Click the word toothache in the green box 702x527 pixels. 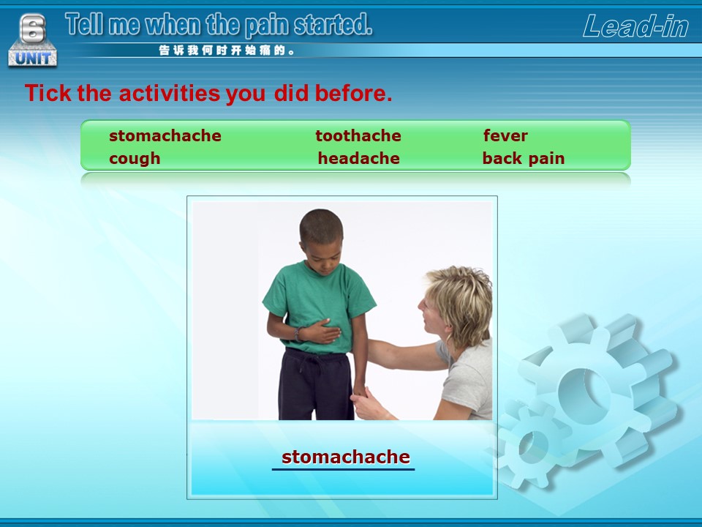click(358, 135)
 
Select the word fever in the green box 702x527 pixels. click(505, 135)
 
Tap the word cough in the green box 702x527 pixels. click(135, 159)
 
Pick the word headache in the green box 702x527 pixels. click(358, 158)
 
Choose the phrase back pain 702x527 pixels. click(524, 158)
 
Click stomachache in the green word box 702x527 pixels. click(165, 135)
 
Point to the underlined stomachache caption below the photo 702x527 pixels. click(346, 457)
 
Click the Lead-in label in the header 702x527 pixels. click(635, 26)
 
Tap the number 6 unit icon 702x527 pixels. click(33, 40)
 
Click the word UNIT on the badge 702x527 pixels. click(33, 59)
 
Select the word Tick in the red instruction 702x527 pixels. click(48, 93)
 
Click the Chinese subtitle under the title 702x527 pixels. click(227, 51)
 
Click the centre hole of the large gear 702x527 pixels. click(584, 395)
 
